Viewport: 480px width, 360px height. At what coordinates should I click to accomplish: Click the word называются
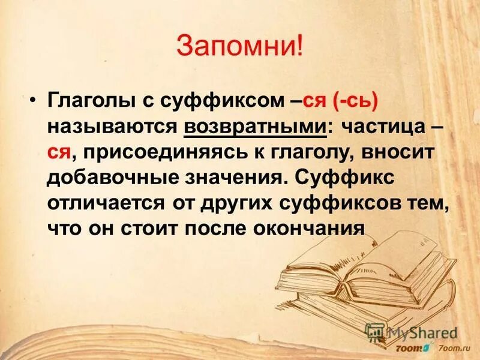click(112, 128)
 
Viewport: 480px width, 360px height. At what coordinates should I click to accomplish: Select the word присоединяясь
click(155, 154)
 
